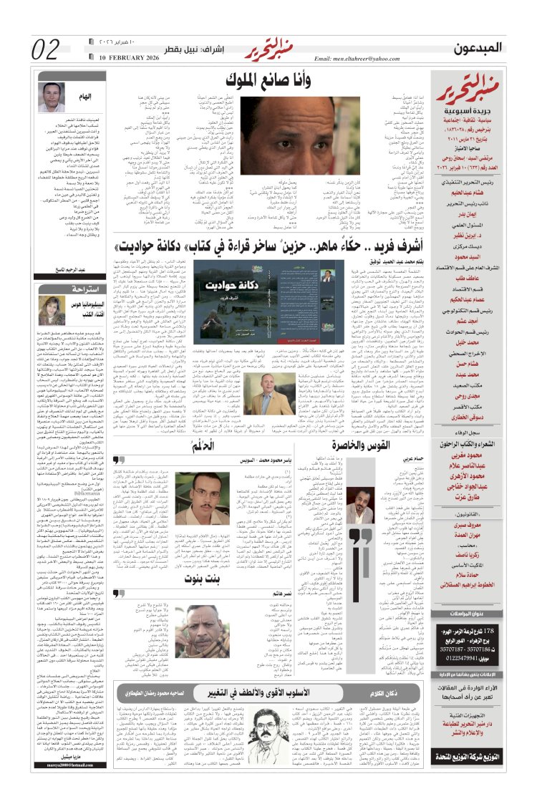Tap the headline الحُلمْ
click(206, 447)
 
